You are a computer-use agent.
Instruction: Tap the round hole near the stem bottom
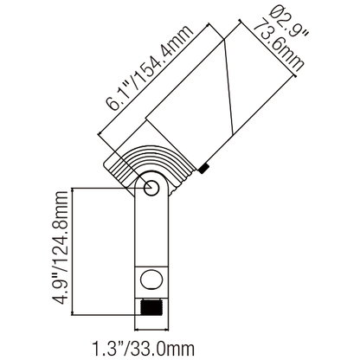pyautogui.click(x=151, y=279)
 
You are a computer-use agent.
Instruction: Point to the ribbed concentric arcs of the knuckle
pyautogui.click(x=143, y=164)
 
